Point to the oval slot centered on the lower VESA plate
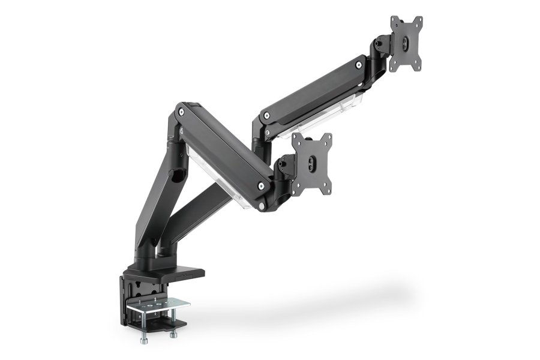click(x=312, y=160)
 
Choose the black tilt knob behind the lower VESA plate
click(x=282, y=163)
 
